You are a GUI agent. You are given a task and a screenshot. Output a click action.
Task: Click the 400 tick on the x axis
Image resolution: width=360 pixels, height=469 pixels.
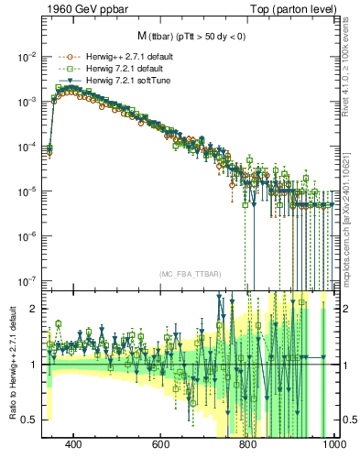74,444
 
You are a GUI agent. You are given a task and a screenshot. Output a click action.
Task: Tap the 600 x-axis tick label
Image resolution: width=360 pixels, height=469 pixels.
161,444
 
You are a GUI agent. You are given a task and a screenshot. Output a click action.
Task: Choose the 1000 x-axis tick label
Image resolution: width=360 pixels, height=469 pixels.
332,444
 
